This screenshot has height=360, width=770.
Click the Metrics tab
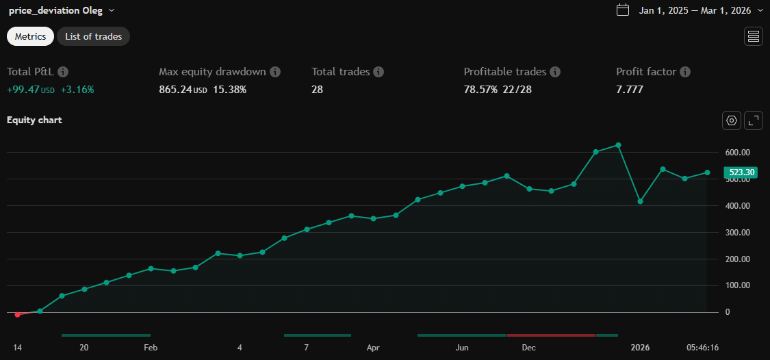[x=30, y=36]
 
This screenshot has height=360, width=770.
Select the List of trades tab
[x=93, y=36]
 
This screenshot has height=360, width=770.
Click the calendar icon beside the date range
[x=623, y=10]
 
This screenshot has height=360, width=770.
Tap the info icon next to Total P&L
[x=63, y=72]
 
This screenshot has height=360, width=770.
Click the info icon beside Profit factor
[x=685, y=72]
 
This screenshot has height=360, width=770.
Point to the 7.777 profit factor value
[x=630, y=89]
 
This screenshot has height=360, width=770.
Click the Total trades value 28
[x=317, y=89]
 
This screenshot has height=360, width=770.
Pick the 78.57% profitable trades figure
[x=480, y=89]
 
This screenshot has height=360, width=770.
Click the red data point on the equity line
[x=18, y=314]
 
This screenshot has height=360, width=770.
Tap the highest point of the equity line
[x=618, y=145]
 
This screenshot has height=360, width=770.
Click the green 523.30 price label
[x=740, y=172]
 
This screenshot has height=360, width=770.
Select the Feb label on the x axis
[x=151, y=348]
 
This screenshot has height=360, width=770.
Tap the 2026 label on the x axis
[x=640, y=348]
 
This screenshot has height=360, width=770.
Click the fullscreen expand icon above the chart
[x=753, y=120]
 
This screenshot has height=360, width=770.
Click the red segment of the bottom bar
[x=551, y=335]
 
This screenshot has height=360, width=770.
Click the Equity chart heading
[x=34, y=120]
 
